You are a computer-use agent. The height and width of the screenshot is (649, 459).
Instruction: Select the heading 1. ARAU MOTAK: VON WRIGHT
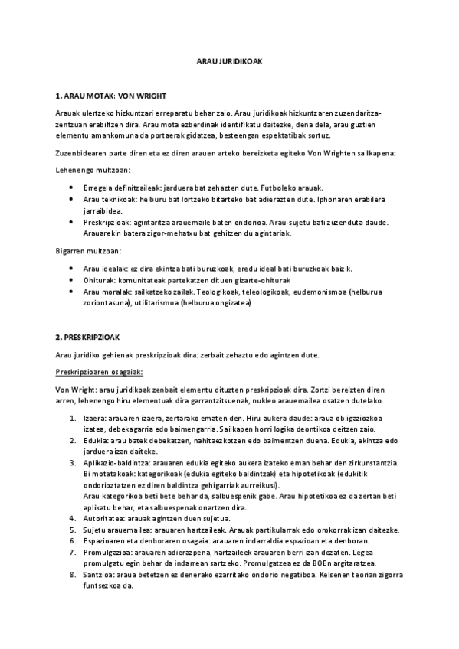(100, 98)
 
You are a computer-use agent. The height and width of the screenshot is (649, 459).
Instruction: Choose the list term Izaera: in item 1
(93, 418)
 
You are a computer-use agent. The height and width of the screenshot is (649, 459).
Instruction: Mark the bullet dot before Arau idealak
(71, 269)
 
